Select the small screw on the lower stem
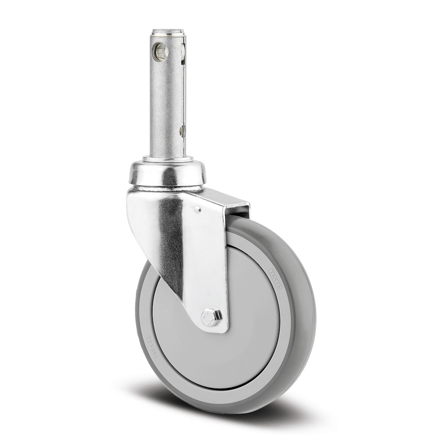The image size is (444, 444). [x=182, y=131]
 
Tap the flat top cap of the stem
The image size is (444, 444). [x=167, y=32]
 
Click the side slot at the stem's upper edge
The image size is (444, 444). [x=182, y=52]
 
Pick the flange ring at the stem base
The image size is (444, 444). [x=168, y=159]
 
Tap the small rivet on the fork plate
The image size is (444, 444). [x=198, y=209]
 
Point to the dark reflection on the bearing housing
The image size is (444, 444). [x=169, y=177]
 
